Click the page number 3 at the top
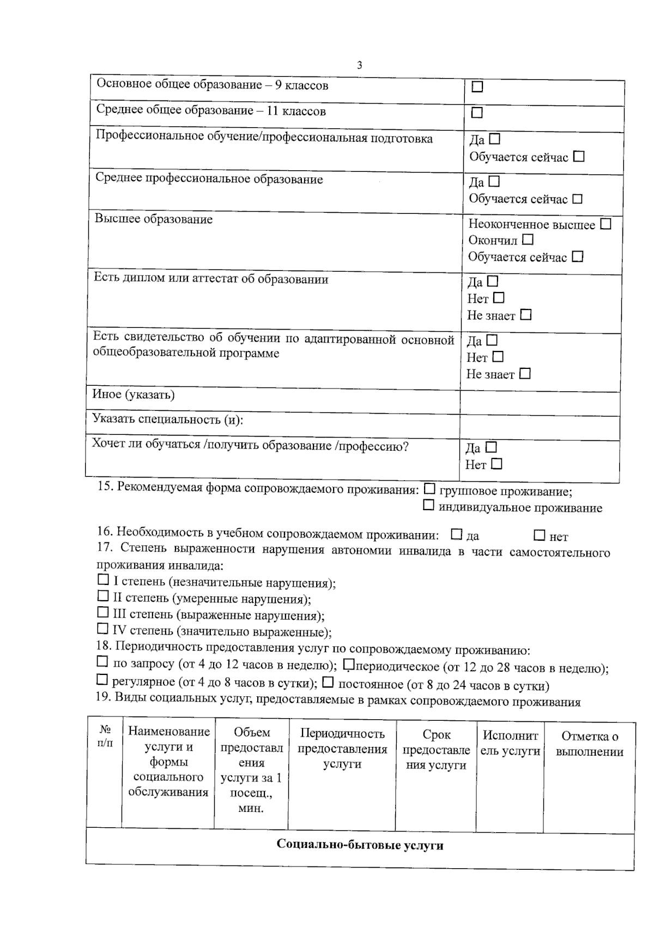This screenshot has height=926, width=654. (359, 65)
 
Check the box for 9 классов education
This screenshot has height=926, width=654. (477, 87)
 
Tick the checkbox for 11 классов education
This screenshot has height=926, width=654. (477, 112)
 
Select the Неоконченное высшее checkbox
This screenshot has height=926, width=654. (605, 224)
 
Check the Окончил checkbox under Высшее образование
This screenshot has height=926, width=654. (527, 240)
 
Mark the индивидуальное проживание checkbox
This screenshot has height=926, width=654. (429, 505)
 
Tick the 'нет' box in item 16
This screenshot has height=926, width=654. (539, 535)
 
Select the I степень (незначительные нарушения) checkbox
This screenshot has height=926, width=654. (103, 580)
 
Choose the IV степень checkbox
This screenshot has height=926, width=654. (102, 629)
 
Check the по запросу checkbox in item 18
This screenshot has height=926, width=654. (102, 662)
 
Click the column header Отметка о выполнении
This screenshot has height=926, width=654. (589, 744)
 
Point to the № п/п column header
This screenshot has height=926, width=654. (105, 736)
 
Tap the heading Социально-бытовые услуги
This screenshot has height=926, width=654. (360, 845)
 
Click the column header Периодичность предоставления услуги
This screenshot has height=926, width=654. (342, 749)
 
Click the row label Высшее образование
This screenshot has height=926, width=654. (154, 219)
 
